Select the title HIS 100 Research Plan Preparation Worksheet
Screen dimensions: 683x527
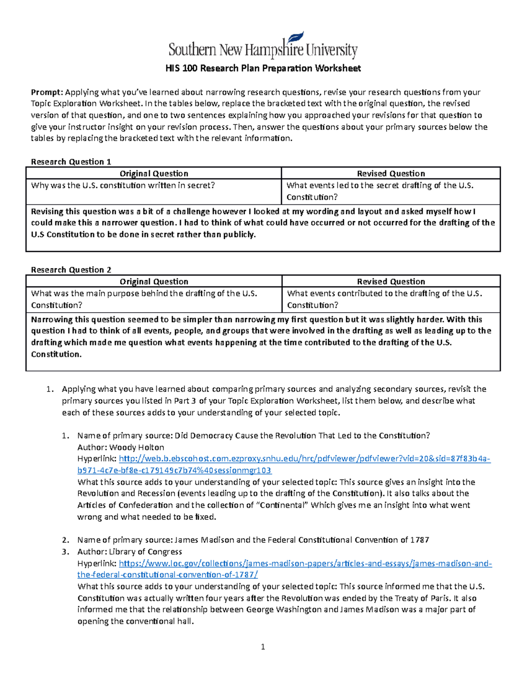(x=263, y=68)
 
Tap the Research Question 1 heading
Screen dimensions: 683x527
(x=71, y=162)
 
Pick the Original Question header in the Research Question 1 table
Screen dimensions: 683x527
(x=154, y=174)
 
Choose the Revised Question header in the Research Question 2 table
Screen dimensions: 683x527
(x=391, y=282)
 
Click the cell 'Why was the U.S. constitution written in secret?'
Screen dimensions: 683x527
(x=123, y=186)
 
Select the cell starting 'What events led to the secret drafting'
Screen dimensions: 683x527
(x=380, y=191)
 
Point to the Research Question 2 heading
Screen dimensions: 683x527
(x=71, y=270)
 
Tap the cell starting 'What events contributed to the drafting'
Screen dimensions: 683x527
(x=384, y=299)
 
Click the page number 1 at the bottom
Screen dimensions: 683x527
(x=263, y=647)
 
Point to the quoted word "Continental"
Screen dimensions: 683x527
(x=281, y=505)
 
